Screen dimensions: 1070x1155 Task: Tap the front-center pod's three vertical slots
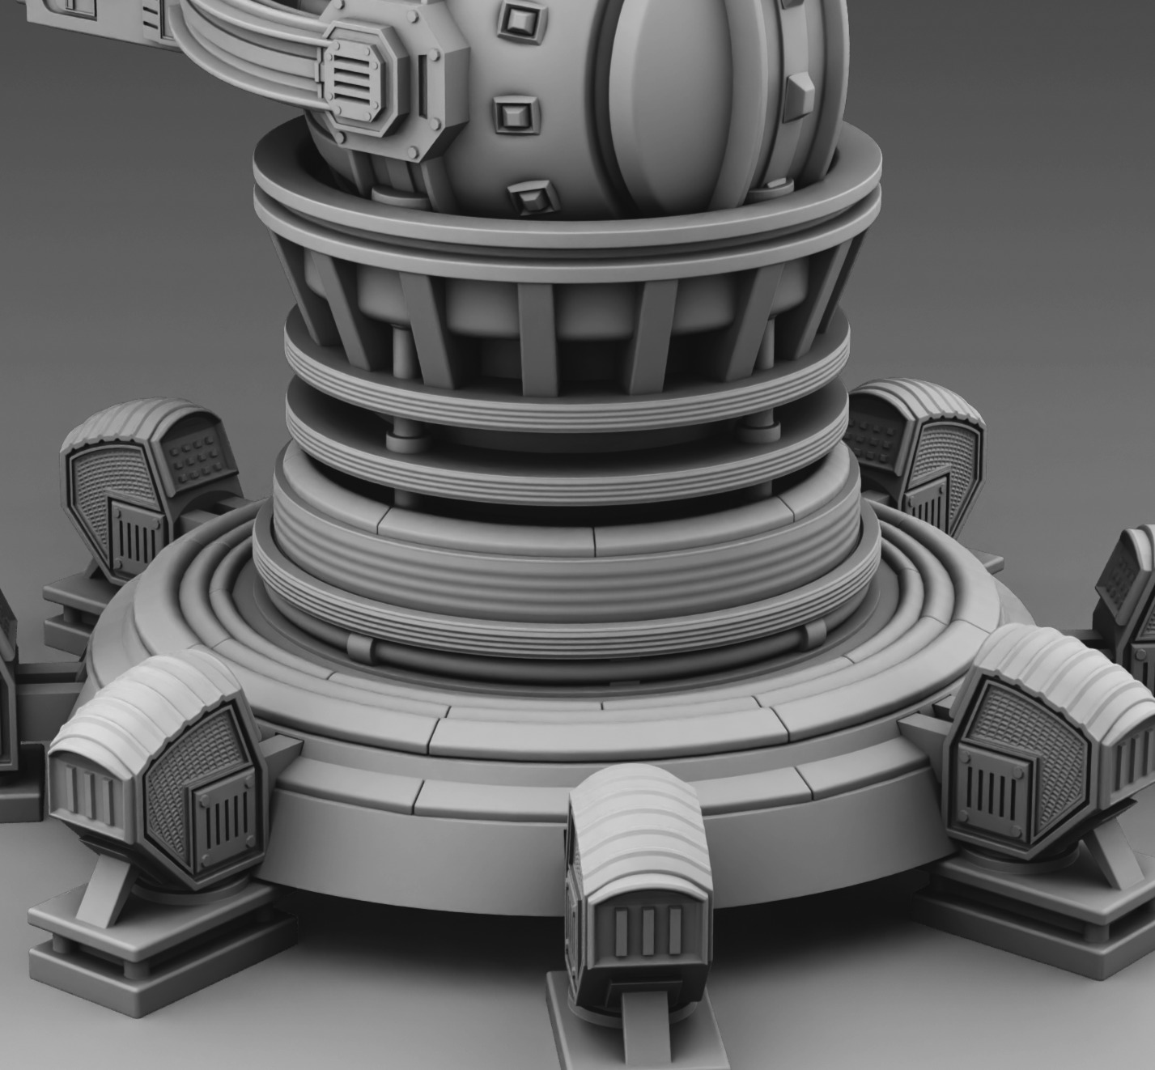[x=648, y=931]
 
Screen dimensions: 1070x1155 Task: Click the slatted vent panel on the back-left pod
[x=138, y=534]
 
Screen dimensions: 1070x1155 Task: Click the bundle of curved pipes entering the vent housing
[x=243, y=49]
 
